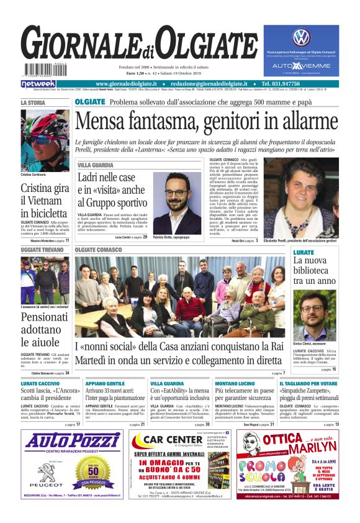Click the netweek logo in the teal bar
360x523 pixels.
tap(38, 84)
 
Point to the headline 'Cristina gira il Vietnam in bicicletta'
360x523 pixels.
tap(44, 201)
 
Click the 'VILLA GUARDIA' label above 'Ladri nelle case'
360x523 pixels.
tap(96, 165)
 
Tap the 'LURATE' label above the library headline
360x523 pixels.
tap(304, 253)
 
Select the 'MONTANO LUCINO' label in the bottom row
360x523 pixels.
tap(234, 384)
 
